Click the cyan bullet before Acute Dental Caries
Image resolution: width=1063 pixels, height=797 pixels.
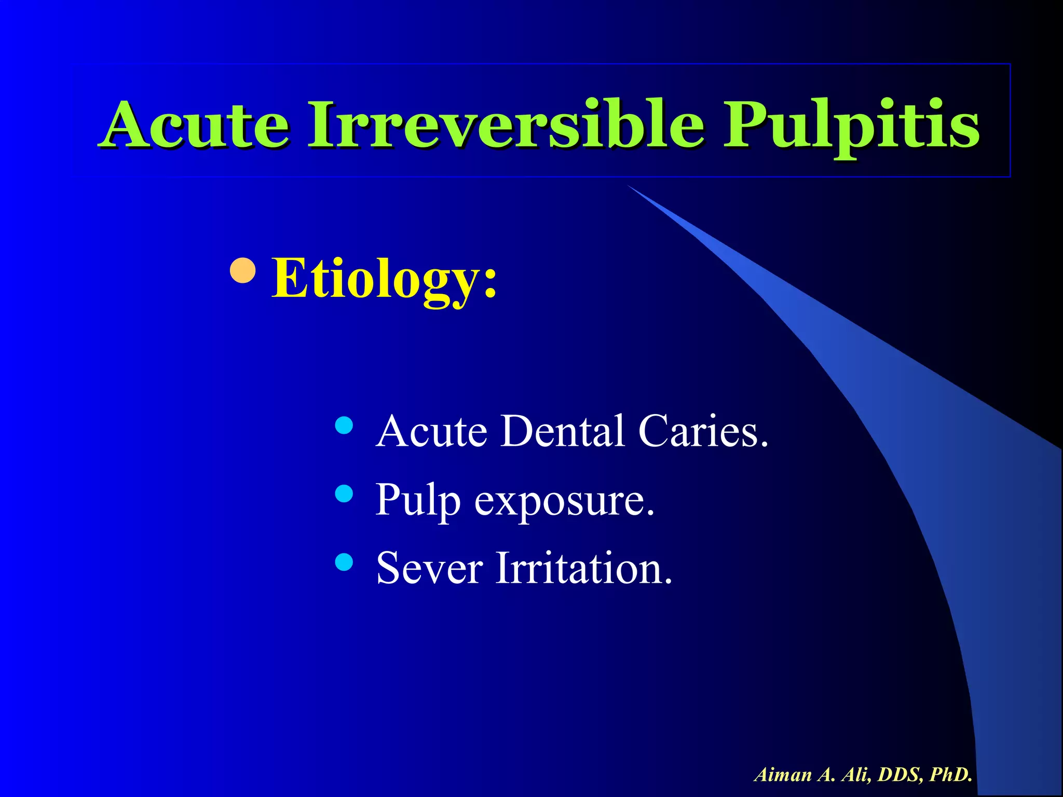(344, 425)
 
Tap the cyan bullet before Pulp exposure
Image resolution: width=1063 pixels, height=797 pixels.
(344, 493)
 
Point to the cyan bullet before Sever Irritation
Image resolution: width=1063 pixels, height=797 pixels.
(344, 562)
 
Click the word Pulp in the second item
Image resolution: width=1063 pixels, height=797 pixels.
(417, 501)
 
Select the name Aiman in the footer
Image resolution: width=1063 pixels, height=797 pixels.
(783, 775)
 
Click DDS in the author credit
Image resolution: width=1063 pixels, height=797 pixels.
(901, 775)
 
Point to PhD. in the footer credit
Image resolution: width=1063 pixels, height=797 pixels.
(951, 775)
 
